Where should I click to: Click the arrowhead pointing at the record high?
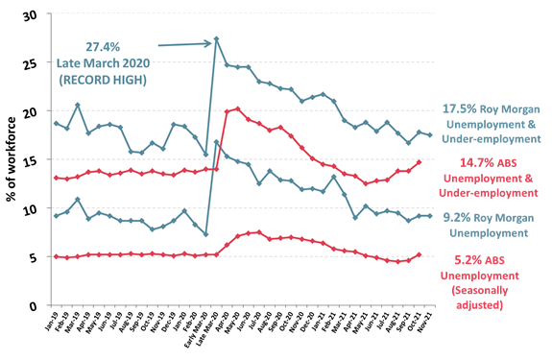(208, 42)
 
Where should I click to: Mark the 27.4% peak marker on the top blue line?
(217, 39)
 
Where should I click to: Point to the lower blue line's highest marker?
(217, 142)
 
